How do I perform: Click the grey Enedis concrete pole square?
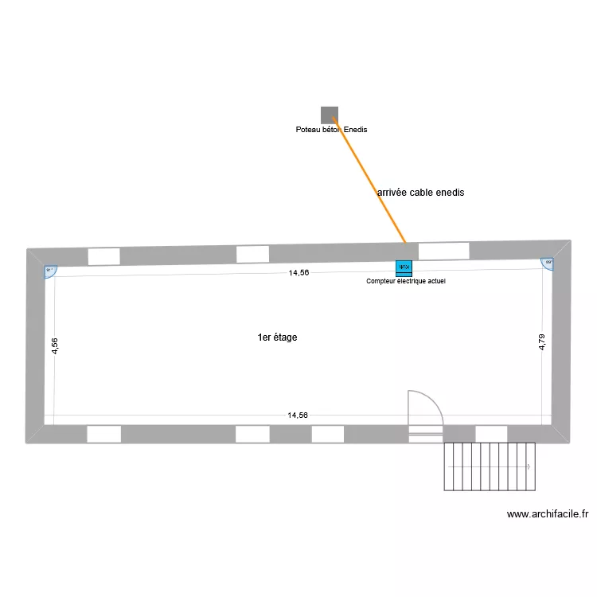(329, 115)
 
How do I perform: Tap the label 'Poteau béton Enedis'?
(331, 130)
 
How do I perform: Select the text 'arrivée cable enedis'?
(420, 193)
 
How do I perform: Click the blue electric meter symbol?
(404, 268)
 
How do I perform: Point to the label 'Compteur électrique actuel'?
(405, 281)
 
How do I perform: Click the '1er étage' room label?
(277, 338)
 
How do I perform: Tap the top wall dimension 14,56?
(298, 272)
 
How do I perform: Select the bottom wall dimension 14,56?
(298, 415)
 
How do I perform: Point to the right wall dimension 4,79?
(542, 341)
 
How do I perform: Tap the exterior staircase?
(487, 466)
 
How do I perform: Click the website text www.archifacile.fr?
(547, 514)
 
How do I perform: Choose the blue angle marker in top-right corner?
(548, 263)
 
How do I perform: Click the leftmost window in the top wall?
(103, 256)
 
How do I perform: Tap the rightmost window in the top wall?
(443, 251)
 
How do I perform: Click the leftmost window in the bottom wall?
(103, 434)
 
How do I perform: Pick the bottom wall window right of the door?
(490, 433)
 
